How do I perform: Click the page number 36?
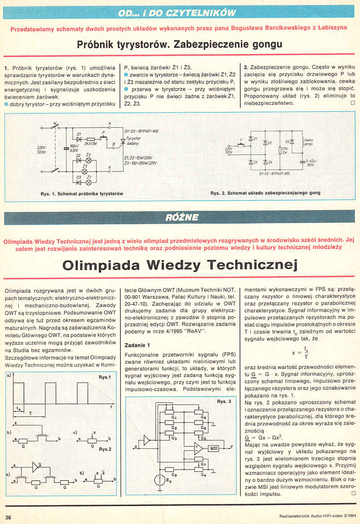[x=8, y=516]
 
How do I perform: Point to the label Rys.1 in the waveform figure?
[x=105, y=377]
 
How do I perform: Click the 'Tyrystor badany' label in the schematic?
[x=133, y=141]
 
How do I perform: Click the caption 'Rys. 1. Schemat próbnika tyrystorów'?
[x=82, y=193]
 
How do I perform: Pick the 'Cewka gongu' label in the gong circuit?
[x=309, y=142]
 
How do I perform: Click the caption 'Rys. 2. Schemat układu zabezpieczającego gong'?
[x=265, y=193]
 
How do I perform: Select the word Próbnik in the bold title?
[x=96, y=45]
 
